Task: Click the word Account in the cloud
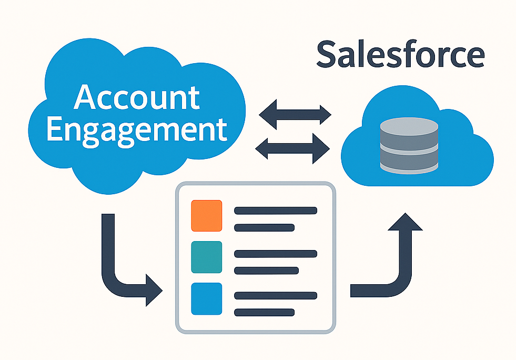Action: tap(137, 97)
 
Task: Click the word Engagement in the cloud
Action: tap(137, 130)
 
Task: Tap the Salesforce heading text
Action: tap(400, 55)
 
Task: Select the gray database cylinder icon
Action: tap(409, 145)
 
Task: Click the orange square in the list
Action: tap(206, 215)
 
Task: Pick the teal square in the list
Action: tap(206, 257)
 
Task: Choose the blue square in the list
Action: tap(206, 298)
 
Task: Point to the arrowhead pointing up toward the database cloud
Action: tap(404, 222)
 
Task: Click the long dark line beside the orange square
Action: tap(275, 211)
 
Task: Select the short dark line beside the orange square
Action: tap(264, 227)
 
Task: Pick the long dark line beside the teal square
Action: tap(275, 253)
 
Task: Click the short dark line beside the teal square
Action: tap(264, 270)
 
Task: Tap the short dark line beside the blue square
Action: tap(264, 312)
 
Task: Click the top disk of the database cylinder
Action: tap(409, 126)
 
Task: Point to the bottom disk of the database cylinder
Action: tap(409, 163)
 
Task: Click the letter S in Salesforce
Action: tap(328, 55)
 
